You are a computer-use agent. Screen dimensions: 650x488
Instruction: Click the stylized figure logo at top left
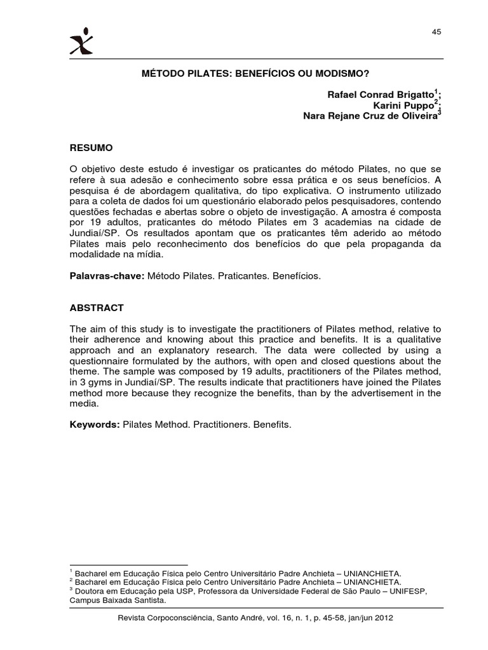click(81, 41)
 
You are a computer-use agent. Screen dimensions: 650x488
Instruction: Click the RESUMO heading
click(91, 148)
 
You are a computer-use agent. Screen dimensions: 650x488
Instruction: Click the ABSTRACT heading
click(97, 308)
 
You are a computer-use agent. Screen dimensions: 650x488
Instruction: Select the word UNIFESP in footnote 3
click(410, 590)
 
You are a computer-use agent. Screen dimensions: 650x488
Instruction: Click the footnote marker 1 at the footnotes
click(71, 571)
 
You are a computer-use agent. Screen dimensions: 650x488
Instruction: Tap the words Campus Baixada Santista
click(118, 600)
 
